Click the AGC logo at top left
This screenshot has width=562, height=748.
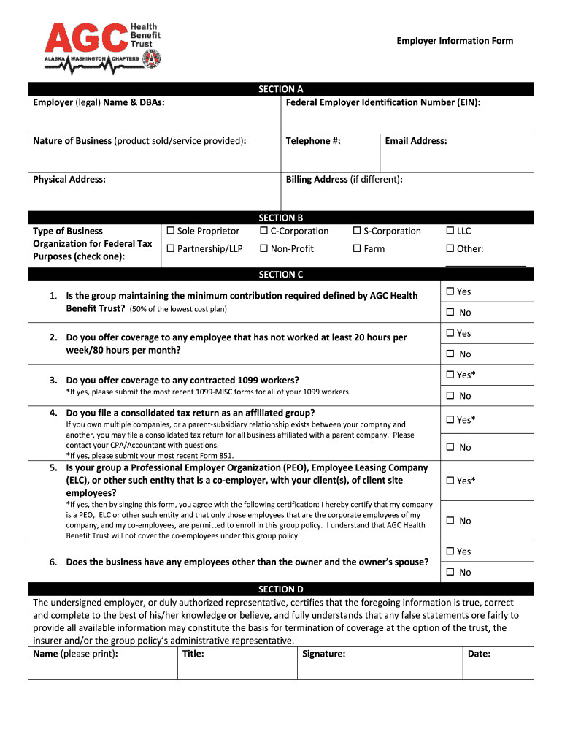(x=103, y=45)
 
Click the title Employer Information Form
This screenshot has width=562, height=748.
(x=455, y=41)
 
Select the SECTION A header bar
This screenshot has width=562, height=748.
(x=281, y=89)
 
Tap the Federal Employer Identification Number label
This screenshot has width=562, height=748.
(x=382, y=103)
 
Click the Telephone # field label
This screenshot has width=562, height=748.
(x=313, y=141)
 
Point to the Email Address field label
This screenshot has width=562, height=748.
(x=416, y=141)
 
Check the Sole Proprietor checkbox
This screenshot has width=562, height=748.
(x=171, y=232)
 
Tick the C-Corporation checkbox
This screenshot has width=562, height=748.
(x=264, y=232)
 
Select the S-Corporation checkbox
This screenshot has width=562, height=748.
(x=358, y=232)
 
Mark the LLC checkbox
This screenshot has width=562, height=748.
(x=450, y=232)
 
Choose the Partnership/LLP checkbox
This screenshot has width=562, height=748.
(x=171, y=249)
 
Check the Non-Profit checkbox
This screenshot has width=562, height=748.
(x=264, y=249)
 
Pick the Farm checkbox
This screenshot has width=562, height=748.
(x=358, y=249)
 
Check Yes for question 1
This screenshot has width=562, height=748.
(x=450, y=291)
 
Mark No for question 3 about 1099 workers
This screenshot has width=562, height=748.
(x=450, y=396)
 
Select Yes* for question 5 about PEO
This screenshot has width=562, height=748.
(x=450, y=481)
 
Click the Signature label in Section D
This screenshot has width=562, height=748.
(x=323, y=654)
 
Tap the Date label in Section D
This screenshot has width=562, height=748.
(x=479, y=654)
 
